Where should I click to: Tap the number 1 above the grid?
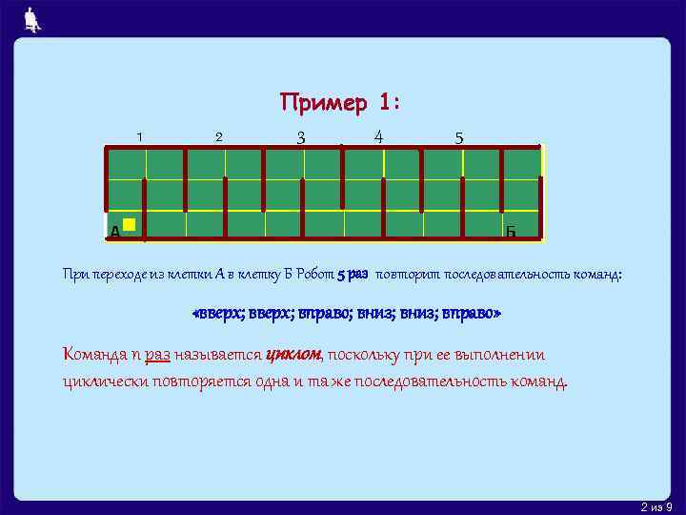pos(139,136)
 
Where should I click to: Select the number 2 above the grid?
pos(218,136)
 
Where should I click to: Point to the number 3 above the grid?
pos(300,137)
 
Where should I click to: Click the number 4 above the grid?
pos(378,135)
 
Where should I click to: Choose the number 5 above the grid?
pos(459,137)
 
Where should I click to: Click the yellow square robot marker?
pos(130,225)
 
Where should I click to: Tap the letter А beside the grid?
pos(114,232)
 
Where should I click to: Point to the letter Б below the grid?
pos(511,232)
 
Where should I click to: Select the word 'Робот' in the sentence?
pos(313,275)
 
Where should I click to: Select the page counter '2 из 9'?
pos(657,505)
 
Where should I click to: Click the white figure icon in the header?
pos(32,19)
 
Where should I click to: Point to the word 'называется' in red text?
pos(218,355)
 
